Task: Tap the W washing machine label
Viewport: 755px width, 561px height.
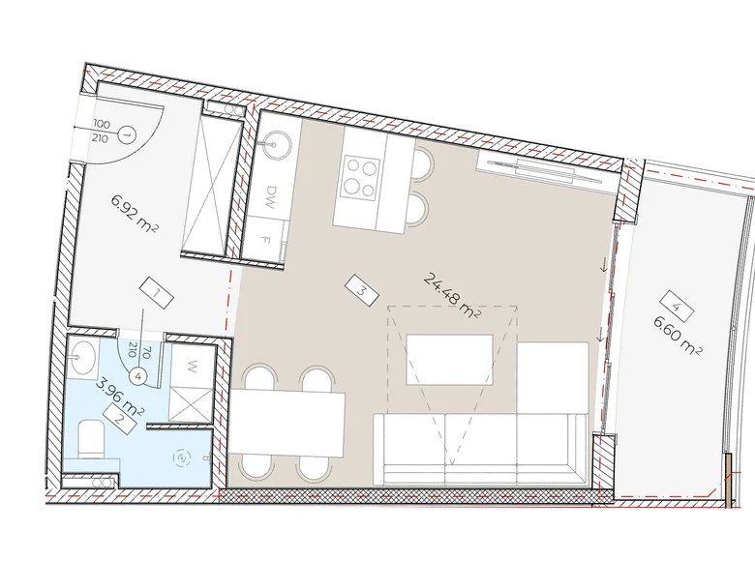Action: tap(192, 367)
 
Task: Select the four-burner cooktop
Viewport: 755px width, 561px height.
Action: tap(362, 175)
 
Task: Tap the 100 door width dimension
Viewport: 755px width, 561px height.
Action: tap(102, 125)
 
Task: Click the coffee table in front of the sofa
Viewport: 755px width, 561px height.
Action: tap(448, 360)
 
